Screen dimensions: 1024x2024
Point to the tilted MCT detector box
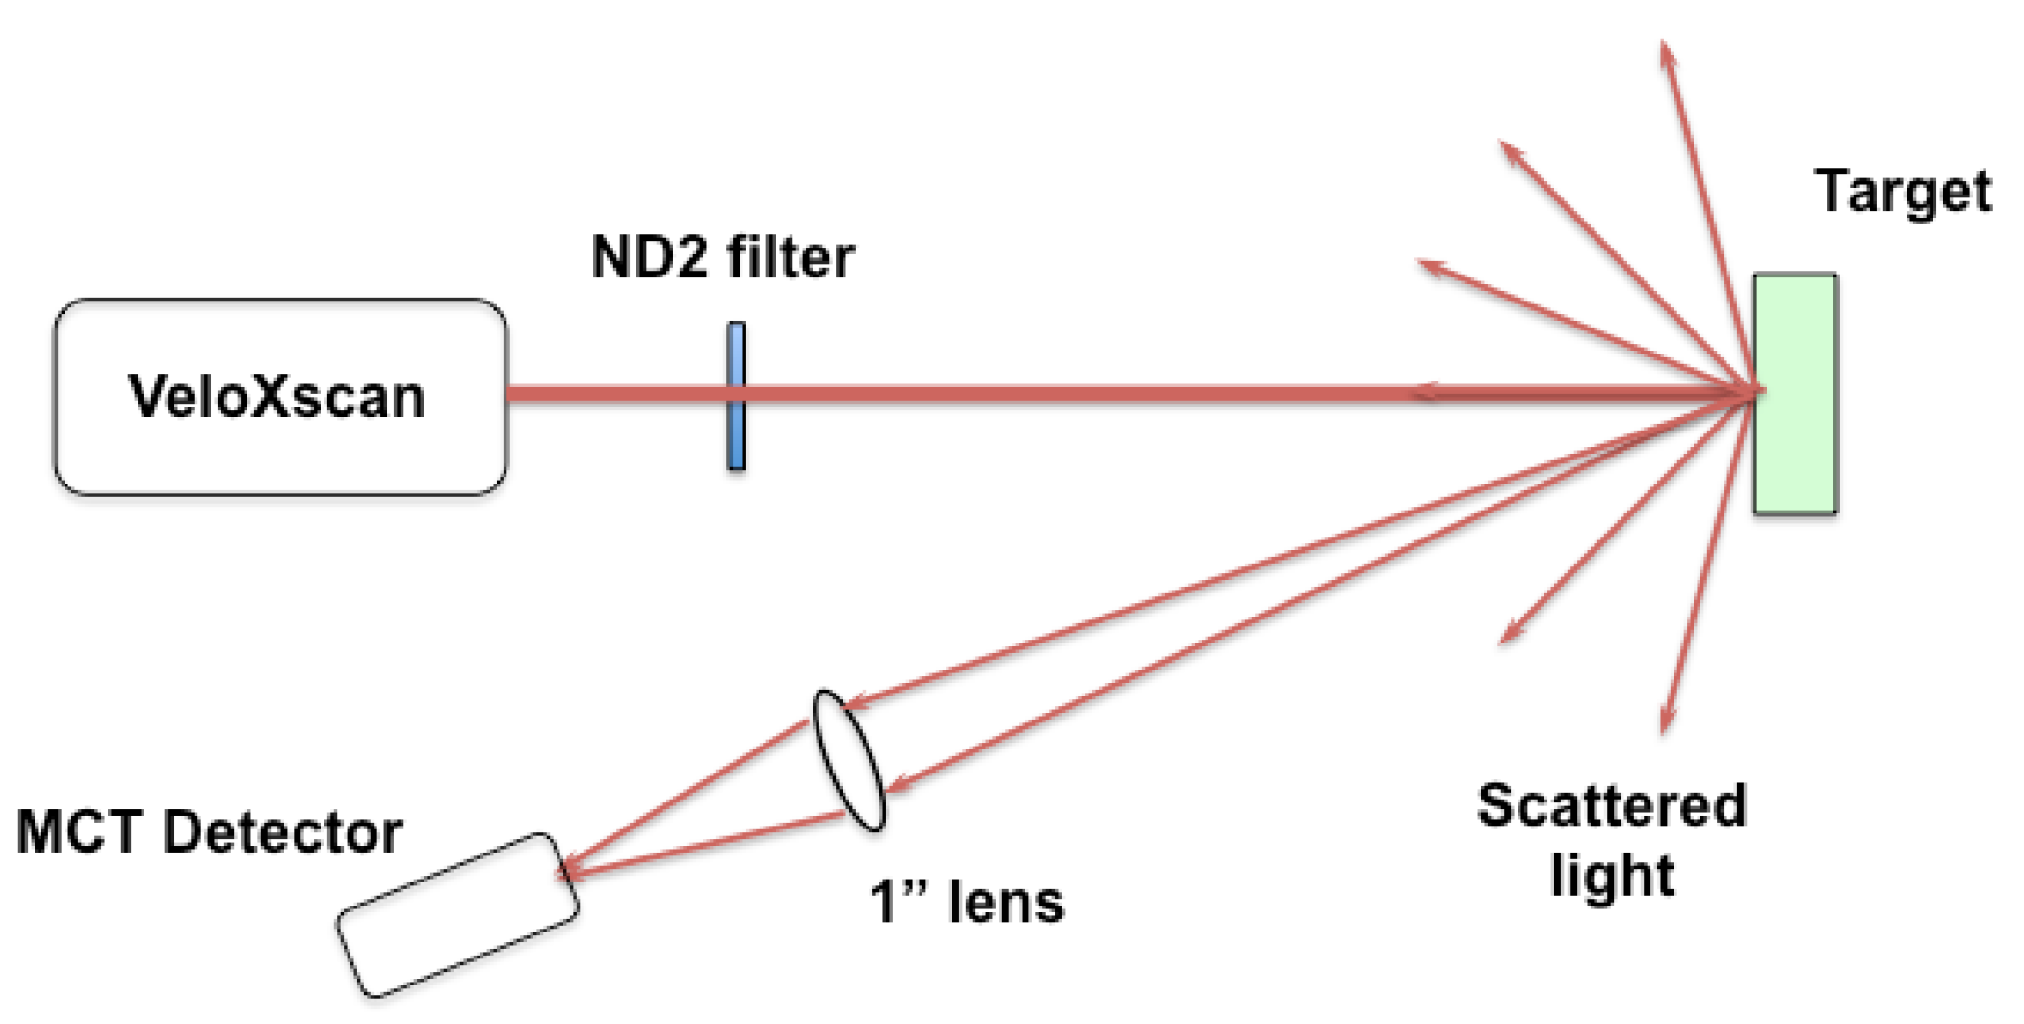[457, 914]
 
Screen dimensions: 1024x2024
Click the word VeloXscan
[276, 396]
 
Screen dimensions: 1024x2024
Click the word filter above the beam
[791, 257]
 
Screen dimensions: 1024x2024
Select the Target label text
[1904, 192]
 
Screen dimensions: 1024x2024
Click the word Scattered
[1611, 805]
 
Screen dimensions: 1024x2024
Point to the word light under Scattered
[1612, 875]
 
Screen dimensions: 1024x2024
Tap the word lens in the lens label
[1006, 903]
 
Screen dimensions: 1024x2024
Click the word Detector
[282, 831]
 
